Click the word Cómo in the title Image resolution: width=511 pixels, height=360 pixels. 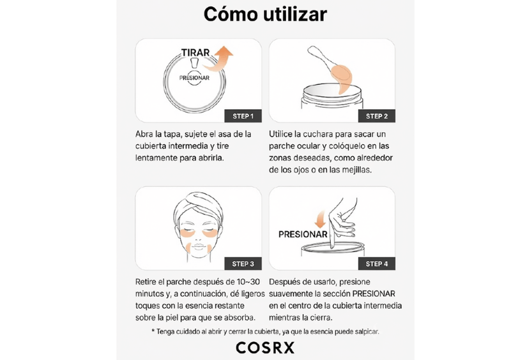point(231,14)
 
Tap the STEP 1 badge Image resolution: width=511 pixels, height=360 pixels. point(243,116)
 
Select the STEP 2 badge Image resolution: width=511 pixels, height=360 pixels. point(377,116)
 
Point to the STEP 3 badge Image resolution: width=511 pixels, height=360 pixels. point(243,264)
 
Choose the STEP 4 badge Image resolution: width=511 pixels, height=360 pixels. point(377,264)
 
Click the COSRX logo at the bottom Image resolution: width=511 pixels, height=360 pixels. point(265,348)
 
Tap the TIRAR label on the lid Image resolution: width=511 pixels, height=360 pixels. point(195,52)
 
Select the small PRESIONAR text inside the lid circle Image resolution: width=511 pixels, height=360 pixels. point(194,78)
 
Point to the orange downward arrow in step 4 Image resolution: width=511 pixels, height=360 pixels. point(321,220)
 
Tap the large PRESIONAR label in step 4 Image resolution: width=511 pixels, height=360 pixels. point(303,234)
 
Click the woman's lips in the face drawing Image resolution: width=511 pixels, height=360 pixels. point(198,246)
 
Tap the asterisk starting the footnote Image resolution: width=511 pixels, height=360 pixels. point(153,331)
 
